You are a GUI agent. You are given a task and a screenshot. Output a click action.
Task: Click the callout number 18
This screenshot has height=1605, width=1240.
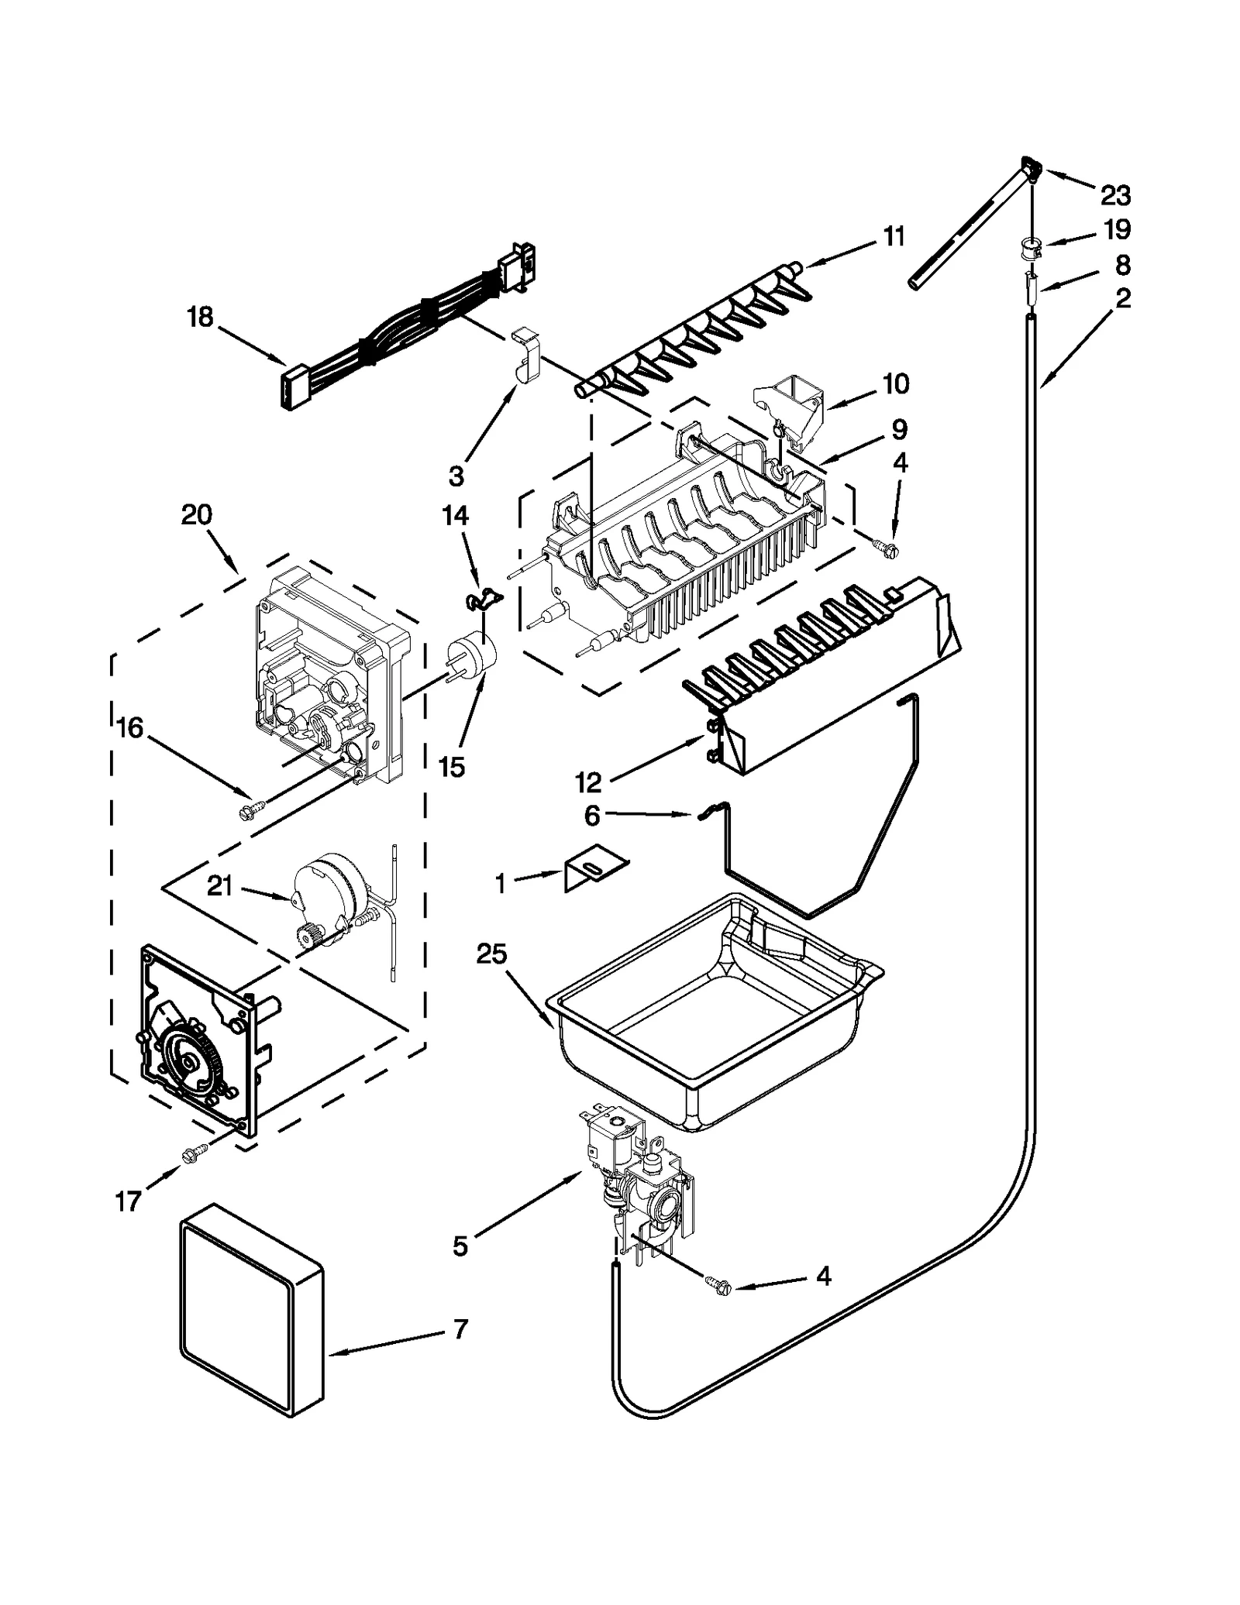200,317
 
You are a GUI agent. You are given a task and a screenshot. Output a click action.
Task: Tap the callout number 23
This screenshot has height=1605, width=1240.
1115,195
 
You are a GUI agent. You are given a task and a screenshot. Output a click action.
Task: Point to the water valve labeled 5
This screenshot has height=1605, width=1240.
639,1177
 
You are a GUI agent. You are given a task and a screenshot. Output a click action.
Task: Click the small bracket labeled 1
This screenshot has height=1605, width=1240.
595,871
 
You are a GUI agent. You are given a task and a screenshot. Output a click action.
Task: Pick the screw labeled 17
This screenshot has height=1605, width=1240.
189,1155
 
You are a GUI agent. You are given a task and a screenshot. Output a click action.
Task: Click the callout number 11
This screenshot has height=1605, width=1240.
894,236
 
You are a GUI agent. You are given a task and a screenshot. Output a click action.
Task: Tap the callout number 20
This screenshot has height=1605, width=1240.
196,514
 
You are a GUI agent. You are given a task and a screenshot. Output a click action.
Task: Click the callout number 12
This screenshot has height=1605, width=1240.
588,782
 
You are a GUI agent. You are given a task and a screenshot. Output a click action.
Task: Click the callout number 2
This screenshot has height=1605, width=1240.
1123,298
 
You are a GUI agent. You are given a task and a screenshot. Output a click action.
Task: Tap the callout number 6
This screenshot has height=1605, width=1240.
591,816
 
